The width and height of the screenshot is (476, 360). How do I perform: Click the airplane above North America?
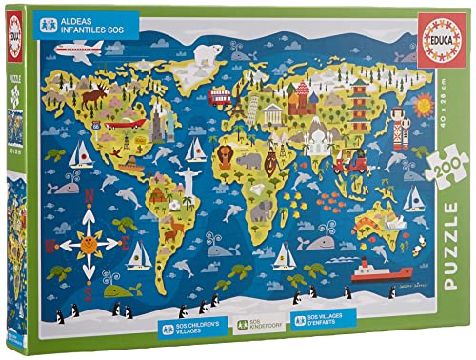click(x=78, y=49)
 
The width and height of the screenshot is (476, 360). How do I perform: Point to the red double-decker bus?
click(x=221, y=95)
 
